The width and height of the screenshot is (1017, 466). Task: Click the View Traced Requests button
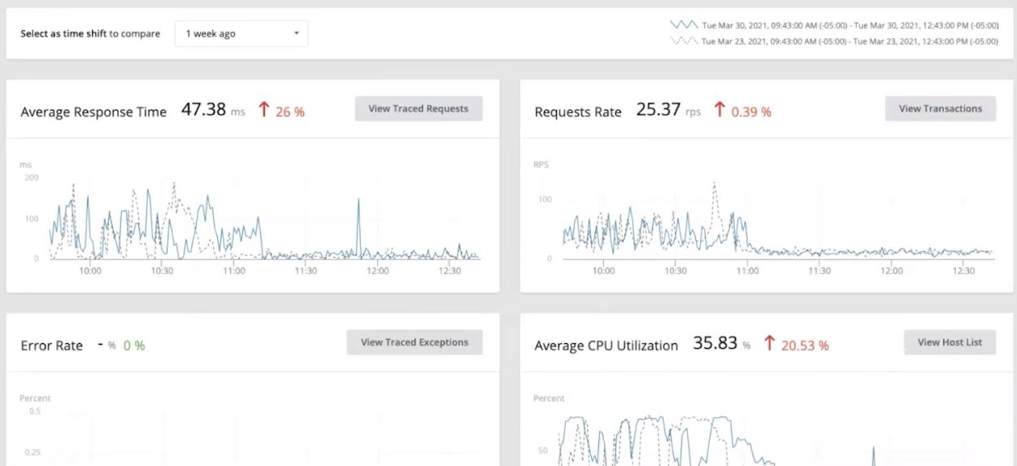point(418,109)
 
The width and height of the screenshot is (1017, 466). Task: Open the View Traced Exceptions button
point(414,342)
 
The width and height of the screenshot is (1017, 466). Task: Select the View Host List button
point(950,342)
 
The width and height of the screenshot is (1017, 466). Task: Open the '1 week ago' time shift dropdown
point(241,34)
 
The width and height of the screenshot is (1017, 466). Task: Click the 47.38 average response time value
point(203,110)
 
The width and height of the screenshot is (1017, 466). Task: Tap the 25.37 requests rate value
point(658,110)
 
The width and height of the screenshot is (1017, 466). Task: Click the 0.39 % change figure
point(750,112)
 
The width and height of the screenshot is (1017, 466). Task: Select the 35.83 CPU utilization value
point(715,344)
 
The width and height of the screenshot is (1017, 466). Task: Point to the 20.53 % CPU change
point(804,346)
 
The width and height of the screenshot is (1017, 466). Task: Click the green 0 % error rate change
point(134,346)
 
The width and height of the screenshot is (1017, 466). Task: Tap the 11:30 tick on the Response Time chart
point(305,271)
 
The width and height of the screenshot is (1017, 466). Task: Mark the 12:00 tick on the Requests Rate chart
point(891,271)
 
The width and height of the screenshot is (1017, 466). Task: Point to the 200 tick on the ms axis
point(32,177)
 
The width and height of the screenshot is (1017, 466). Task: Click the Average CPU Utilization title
point(606,346)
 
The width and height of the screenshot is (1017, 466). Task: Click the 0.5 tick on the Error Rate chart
point(34,412)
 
